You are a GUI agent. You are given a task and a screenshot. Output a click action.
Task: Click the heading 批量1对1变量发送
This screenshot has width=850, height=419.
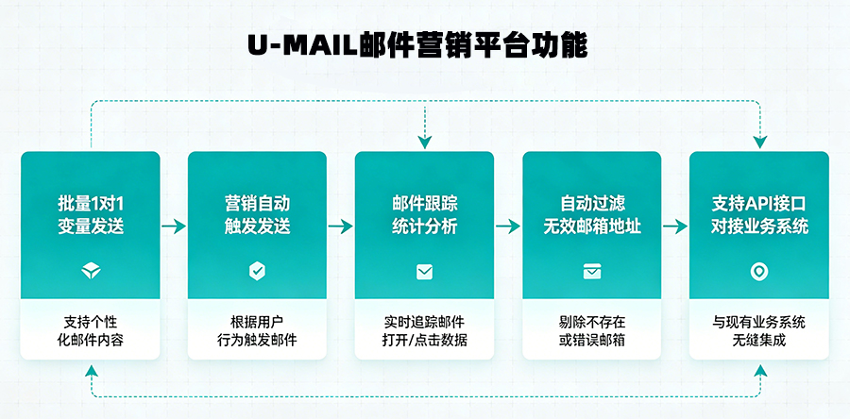tap(91, 214)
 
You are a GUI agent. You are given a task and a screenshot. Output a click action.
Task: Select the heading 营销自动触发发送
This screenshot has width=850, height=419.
tap(257, 214)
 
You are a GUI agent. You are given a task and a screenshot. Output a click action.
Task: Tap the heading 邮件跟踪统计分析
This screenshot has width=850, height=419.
tap(424, 214)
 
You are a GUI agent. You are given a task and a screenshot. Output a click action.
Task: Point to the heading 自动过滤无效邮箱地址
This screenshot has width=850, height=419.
tap(591, 214)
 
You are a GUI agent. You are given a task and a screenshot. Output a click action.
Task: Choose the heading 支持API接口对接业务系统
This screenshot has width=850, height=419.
tap(758, 214)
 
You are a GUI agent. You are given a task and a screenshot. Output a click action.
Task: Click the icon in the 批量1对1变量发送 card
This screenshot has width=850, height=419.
tap(91, 272)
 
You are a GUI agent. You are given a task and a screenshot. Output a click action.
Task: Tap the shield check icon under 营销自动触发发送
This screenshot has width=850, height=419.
tap(257, 272)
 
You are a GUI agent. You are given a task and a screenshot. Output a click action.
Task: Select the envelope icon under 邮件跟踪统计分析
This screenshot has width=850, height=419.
tap(424, 272)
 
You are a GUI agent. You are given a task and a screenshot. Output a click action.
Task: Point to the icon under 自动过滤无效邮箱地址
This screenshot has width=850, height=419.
tap(591, 272)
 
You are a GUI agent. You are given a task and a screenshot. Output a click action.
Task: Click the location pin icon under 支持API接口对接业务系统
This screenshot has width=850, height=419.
tap(758, 272)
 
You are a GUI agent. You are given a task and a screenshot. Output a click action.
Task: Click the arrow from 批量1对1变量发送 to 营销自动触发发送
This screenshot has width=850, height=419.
tap(174, 226)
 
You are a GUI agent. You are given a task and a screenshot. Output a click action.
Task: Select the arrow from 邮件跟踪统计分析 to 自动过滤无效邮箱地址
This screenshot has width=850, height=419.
tap(508, 226)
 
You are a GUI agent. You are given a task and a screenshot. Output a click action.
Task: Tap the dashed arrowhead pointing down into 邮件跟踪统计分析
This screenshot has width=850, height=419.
tap(425, 142)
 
